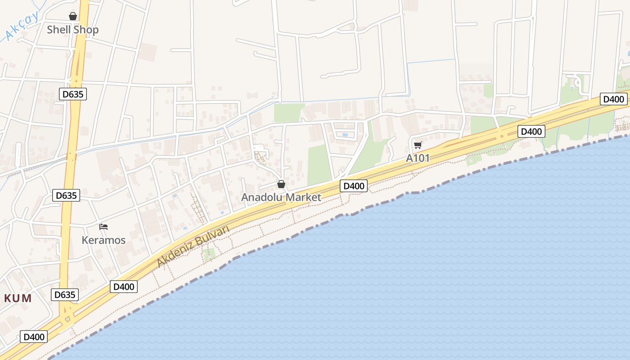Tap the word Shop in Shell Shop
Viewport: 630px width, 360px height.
click(86, 30)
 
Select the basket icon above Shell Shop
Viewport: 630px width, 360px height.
click(73, 17)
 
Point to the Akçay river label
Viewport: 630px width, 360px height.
click(22, 27)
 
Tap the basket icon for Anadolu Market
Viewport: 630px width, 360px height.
click(281, 184)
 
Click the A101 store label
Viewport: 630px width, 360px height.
click(418, 158)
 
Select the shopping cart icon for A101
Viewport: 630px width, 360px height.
click(418, 145)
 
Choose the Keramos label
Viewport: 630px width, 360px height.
click(103, 240)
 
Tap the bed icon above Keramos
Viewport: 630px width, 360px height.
click(103, 227)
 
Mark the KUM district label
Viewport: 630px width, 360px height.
click(18, 298)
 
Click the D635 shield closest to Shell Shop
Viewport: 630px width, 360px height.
click(72, 94)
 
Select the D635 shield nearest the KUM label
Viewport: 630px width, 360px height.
click(65, 295)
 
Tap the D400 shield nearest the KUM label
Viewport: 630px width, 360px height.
click(34, 337)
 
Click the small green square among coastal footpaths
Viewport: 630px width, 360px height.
click(209, 255)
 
